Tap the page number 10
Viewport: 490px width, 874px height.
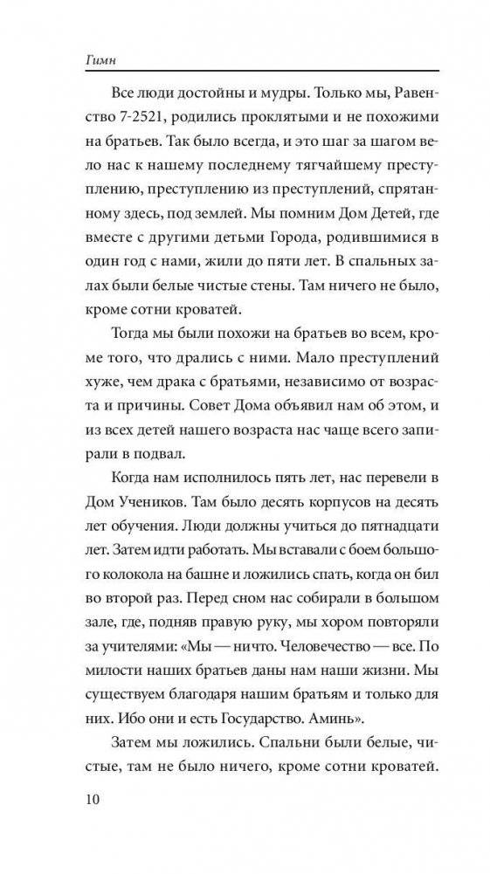pyautogui.click(x=77, y=822)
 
